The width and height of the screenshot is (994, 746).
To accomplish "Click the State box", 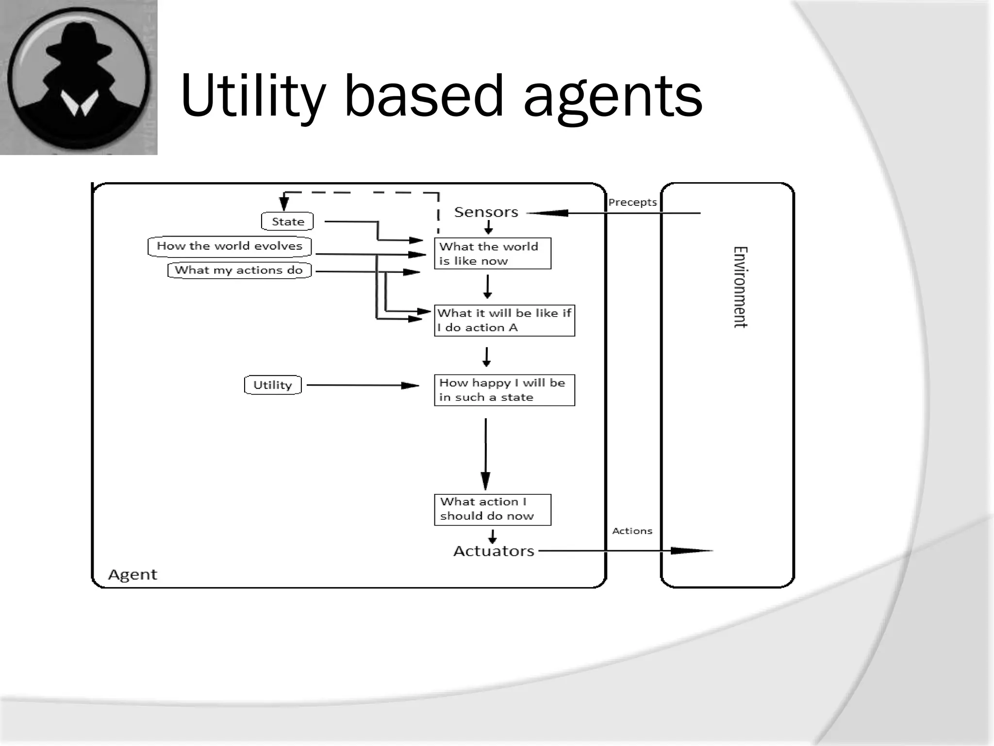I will pos(287,221).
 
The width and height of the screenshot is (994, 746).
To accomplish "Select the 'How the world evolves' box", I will pos(230,246).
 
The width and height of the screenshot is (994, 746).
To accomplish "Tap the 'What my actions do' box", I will pos(239,270).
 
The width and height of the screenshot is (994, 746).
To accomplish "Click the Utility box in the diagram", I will pos(273,385).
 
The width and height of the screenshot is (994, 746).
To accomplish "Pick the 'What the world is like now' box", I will pos(492,254).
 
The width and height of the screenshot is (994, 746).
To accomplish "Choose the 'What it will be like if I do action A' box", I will pos(504,320).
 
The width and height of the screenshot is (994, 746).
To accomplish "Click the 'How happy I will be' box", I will pos(504,390).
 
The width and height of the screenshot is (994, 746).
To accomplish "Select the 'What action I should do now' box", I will pos(492,509).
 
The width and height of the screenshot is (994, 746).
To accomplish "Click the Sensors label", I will pos(486,212).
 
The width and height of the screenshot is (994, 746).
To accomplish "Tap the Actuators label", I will pos(494,551).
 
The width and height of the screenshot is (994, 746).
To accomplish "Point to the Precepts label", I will pos(632,203).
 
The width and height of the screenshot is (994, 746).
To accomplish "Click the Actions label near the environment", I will pos(632,531).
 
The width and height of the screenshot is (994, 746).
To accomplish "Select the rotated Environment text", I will pos(740,287).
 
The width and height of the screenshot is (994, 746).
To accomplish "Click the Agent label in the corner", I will pos(133,575).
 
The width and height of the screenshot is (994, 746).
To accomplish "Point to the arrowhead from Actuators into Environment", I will pos(689,551).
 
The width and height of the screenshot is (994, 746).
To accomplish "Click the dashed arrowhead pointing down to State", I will pos(284,203).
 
